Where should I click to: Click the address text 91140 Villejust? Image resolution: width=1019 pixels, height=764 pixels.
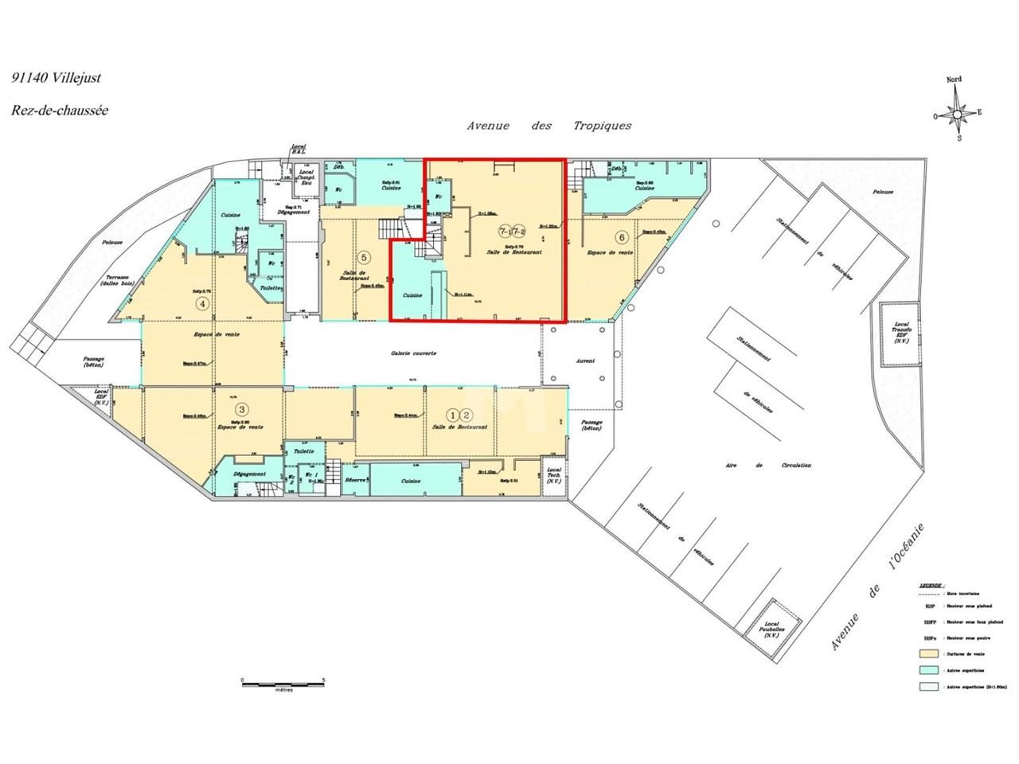(x=56, y=78)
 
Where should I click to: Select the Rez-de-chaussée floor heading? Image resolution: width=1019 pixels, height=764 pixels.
(x=60, y=111)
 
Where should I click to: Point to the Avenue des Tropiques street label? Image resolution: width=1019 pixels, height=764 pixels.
(x=549, y=126)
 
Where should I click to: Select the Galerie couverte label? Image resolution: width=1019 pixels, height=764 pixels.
(x=413, y=353)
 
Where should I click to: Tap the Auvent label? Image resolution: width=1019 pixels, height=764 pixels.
(x=586, y=361)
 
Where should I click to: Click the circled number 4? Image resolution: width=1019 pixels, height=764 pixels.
(x=204, y=303)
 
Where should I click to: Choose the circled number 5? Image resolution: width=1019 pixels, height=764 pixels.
(x=364, y=257)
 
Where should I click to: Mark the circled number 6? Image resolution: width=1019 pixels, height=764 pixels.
(x=621, y=236)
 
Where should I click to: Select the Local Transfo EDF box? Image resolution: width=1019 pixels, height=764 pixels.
(x=902, y=335)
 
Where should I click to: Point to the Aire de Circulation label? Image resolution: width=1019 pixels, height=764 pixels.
(x=768, y=465)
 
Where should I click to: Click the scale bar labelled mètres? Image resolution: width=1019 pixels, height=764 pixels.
(x=283, y=682)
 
